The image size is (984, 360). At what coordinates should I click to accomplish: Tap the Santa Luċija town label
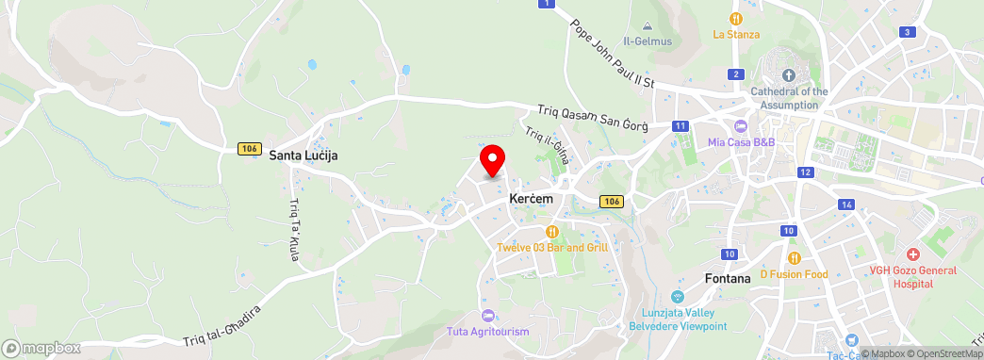[303, 155]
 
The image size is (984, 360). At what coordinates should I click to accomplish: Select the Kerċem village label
[531, 199]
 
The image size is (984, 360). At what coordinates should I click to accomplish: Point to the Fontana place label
[728, 278]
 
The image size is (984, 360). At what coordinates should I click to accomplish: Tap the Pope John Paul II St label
[612, 54]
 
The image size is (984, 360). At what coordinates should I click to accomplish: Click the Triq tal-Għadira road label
[221, 325]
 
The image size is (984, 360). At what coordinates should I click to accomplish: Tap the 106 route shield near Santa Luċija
[249, 149]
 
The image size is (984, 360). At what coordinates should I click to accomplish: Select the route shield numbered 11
[681, 126]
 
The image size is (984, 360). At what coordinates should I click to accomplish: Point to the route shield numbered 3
[907, 32]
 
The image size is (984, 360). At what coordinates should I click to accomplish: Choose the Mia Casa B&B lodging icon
[741, 126]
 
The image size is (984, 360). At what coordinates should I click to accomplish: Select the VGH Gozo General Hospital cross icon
[912, 255]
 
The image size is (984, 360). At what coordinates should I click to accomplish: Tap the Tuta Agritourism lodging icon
[487, 315]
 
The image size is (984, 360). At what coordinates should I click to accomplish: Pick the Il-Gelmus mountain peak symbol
[647, 27]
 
